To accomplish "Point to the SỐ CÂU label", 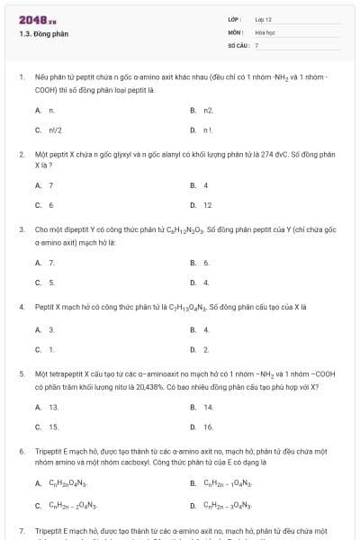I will [238, 44].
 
